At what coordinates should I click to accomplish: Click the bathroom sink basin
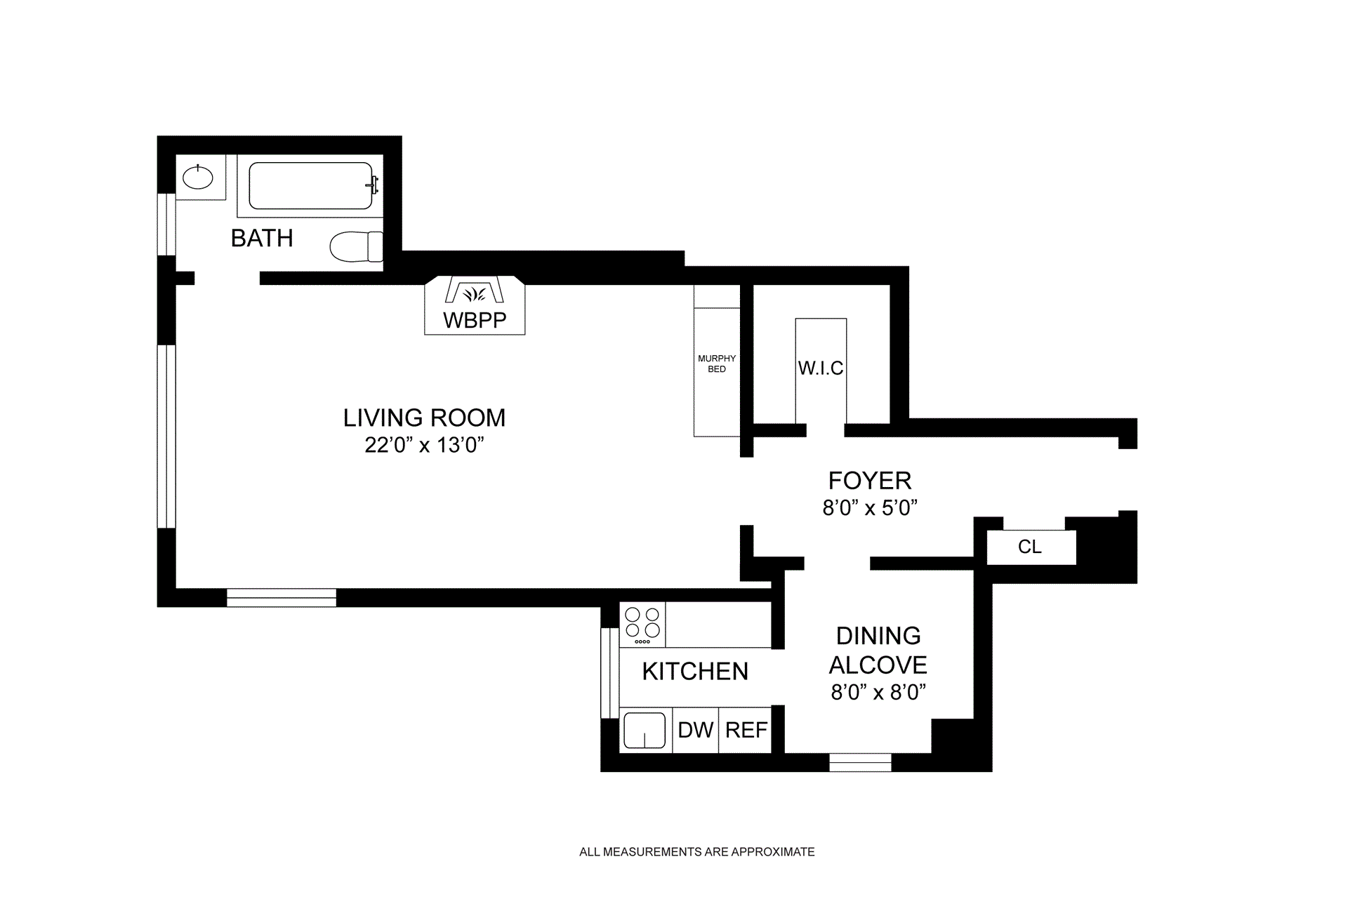pyautogui.click(x=197, y=177)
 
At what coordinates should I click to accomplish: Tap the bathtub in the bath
pyautogui.click(x=311, y=186)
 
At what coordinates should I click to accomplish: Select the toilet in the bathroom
pyautogui.click(x=356, y=246)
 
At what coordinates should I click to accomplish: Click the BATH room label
pyautogui.click(x=262, y=239)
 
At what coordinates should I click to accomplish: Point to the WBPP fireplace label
pyautogui.click(x=475, y=321)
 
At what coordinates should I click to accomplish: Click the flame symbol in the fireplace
pyautogui.click(x=475, y=294)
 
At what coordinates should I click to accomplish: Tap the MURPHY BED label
pyautogui.click(x=717, y=364)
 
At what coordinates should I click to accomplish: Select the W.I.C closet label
pyautogui.click(x=821, y=368)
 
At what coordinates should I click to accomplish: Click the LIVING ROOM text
pyautogui.click(x=424, y=418)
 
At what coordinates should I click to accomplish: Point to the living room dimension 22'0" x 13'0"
pyautogui.click(x=425, y=446)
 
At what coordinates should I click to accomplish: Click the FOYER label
pyautogui.click(x=870, y=481)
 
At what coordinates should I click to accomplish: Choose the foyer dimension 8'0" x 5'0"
pyautogui.click(x=871, y=508)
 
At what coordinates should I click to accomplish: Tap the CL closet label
pyautogui.click(x=1030, y=547)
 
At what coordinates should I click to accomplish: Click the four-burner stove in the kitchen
pyautogui.click(x=642, y=625)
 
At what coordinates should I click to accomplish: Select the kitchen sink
pyautogui.click(x=645, y=731)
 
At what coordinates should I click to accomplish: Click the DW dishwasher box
pyautogui.click(x=696, y=730)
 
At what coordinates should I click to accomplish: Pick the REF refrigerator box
pyautogui.click(x=746, y=730)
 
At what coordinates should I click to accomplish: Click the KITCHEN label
pyautogui.click(x=695, y=672)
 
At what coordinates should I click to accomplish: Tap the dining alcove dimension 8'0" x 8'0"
pyautogui.click(x=879, y=693)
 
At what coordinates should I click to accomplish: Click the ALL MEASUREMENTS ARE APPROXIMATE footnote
pyautogui.click(x=697, y=852)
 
